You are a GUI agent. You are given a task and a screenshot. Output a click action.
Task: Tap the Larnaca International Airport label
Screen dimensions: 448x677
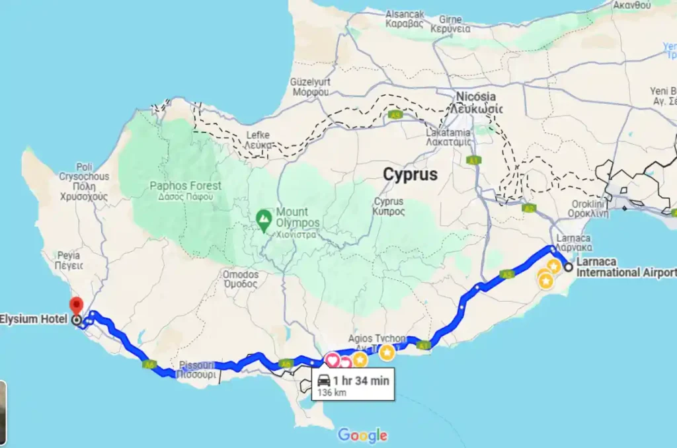625,267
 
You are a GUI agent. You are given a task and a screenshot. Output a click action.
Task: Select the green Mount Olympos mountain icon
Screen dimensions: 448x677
264,217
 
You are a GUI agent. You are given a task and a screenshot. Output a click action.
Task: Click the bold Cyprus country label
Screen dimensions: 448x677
410,175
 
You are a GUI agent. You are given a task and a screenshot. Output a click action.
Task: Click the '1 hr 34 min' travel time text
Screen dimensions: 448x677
361,380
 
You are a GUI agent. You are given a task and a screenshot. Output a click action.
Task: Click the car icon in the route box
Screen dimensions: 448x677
324,381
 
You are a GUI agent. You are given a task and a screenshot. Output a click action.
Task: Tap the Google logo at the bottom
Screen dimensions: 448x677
362,435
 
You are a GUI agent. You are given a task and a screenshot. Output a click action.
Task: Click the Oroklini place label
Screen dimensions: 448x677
590,204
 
